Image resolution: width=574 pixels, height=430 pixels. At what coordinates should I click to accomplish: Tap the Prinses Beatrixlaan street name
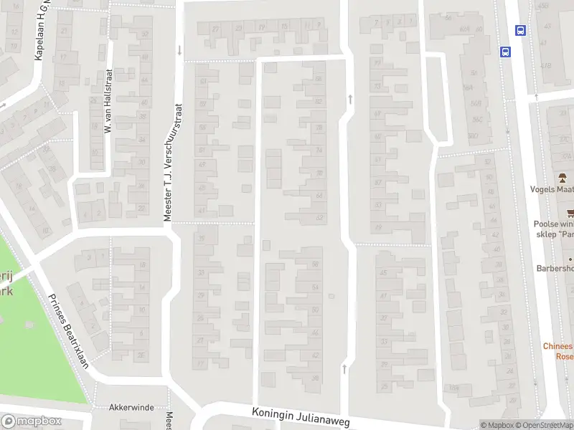pyautogui.click(x=68, y=330)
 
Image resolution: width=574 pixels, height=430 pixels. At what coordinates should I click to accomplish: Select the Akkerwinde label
pyautogui.click(x=131, y=407)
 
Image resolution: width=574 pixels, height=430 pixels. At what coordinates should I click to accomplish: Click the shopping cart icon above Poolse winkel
pyautogui.click(x=570, y=212)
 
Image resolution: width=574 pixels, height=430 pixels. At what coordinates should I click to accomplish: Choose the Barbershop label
pyautogui.click(x=555, y=269)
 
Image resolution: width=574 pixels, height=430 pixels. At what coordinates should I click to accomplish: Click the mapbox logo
pyautogui.click(x=32, y=421)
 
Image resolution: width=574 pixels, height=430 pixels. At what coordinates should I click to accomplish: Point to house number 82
pyautogui.click(x=318, y=102)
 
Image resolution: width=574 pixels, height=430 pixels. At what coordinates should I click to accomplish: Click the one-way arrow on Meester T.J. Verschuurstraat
pyautogui.click(x=179, y=50)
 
